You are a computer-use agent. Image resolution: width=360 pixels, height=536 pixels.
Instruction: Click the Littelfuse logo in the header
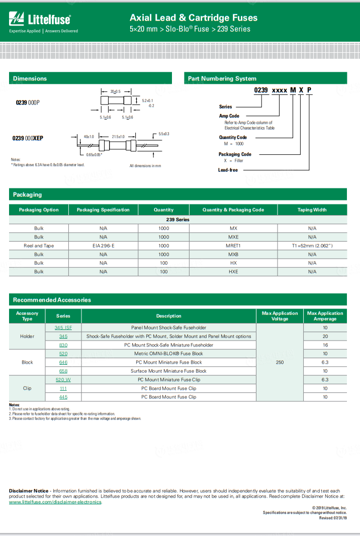click(40, 21)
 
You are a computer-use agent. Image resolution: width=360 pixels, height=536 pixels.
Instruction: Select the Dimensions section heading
click(30, 78)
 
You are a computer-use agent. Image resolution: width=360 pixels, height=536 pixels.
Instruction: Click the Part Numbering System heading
click(222, 78)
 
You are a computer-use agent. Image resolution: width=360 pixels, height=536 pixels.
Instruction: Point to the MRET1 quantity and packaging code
click(233, 246)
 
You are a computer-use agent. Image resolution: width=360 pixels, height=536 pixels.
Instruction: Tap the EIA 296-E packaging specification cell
click(103, 246)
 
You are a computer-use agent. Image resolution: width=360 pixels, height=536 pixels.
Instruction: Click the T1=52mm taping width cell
click(312, 246)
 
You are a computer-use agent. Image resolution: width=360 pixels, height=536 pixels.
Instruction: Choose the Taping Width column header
click(312, 210)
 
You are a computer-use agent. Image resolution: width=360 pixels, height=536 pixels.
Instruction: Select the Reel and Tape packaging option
click(39, 246)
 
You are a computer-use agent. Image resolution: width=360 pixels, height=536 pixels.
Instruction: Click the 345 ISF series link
click(63, 328)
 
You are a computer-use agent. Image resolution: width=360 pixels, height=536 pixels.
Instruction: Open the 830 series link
click(63, 345)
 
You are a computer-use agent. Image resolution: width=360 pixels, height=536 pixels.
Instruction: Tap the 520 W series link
click(63, 380)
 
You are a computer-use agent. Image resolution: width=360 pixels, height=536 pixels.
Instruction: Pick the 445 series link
click(63, 397)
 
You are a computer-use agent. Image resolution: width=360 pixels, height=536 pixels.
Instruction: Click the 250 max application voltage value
click(280, 362)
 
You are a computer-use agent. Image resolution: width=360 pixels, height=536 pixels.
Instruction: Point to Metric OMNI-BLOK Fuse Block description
click(168, 354)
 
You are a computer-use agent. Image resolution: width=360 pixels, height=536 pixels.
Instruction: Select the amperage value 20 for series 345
click(325, 336)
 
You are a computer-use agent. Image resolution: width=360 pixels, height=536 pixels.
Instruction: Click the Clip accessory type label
click(27, 388)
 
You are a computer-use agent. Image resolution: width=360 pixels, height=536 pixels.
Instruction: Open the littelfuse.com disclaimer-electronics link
click(55, 502)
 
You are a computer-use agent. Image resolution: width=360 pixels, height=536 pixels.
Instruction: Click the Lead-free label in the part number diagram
click(228, 170)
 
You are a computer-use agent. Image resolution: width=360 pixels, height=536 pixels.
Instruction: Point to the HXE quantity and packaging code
click(233, 271)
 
